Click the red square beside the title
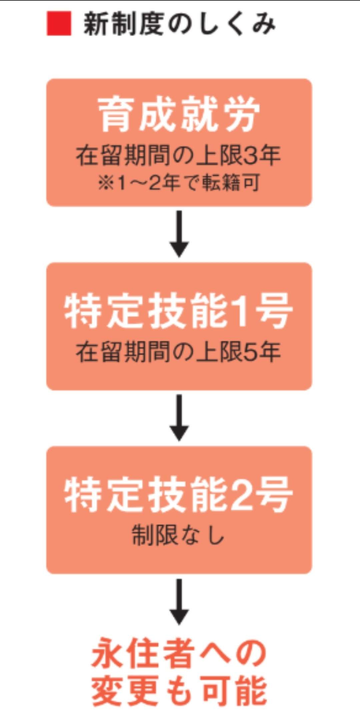point(59,23)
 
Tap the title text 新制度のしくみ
point(179,24)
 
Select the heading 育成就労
point(179,114)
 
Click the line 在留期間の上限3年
point(178,156)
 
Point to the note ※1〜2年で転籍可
point(179,183)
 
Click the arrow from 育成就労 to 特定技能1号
point(179,233)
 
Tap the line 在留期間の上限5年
point(178,352)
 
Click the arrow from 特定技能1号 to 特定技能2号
point(179,417)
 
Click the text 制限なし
point(178,535)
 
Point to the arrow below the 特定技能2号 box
point(179,601)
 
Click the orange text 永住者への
point(179,653)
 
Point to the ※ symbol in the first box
point(106,183)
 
